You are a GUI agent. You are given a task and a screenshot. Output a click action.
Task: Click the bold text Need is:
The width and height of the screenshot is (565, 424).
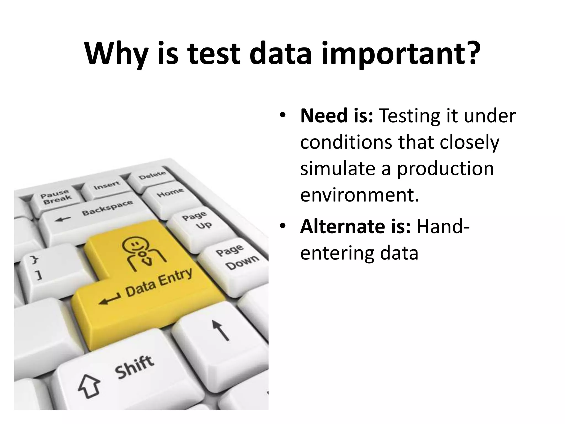point(337,116)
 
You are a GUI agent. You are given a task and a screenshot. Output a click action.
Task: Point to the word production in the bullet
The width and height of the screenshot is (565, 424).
point(445,169)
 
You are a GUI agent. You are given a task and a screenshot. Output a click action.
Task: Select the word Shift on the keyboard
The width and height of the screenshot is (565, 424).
point(134,367)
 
